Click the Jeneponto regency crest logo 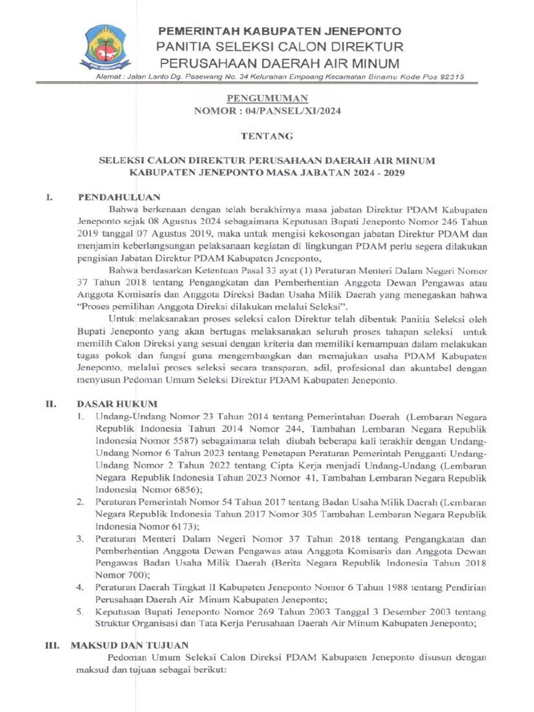click(107, 47)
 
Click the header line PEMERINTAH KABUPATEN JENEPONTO click(280, 32)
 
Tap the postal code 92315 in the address click(448, 77)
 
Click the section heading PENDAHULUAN click(119, 197)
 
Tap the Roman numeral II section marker click(51, 403)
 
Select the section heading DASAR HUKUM click(117, 403)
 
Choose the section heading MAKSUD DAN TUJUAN click(129, 645)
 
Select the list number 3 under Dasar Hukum click(81, 538)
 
